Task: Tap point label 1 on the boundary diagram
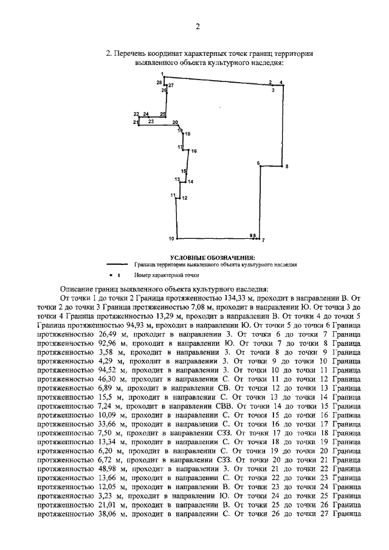(x=162, y=74)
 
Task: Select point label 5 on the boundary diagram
(x=287, y=166)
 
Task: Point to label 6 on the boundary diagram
(x=258, y=163)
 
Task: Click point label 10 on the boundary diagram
(x=171, y=238)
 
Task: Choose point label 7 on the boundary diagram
(x=264, y=241)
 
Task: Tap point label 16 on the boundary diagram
(x=194, y=150)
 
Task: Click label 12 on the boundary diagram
(x=184, y=198)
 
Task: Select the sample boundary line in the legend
(x=117, y=266)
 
